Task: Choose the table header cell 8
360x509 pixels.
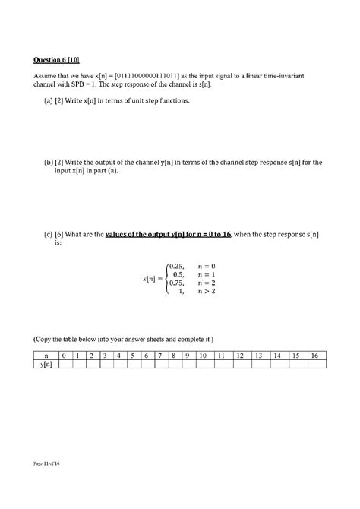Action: (x=174, y=356)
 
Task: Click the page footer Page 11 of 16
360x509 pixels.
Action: (x=46, y=463)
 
